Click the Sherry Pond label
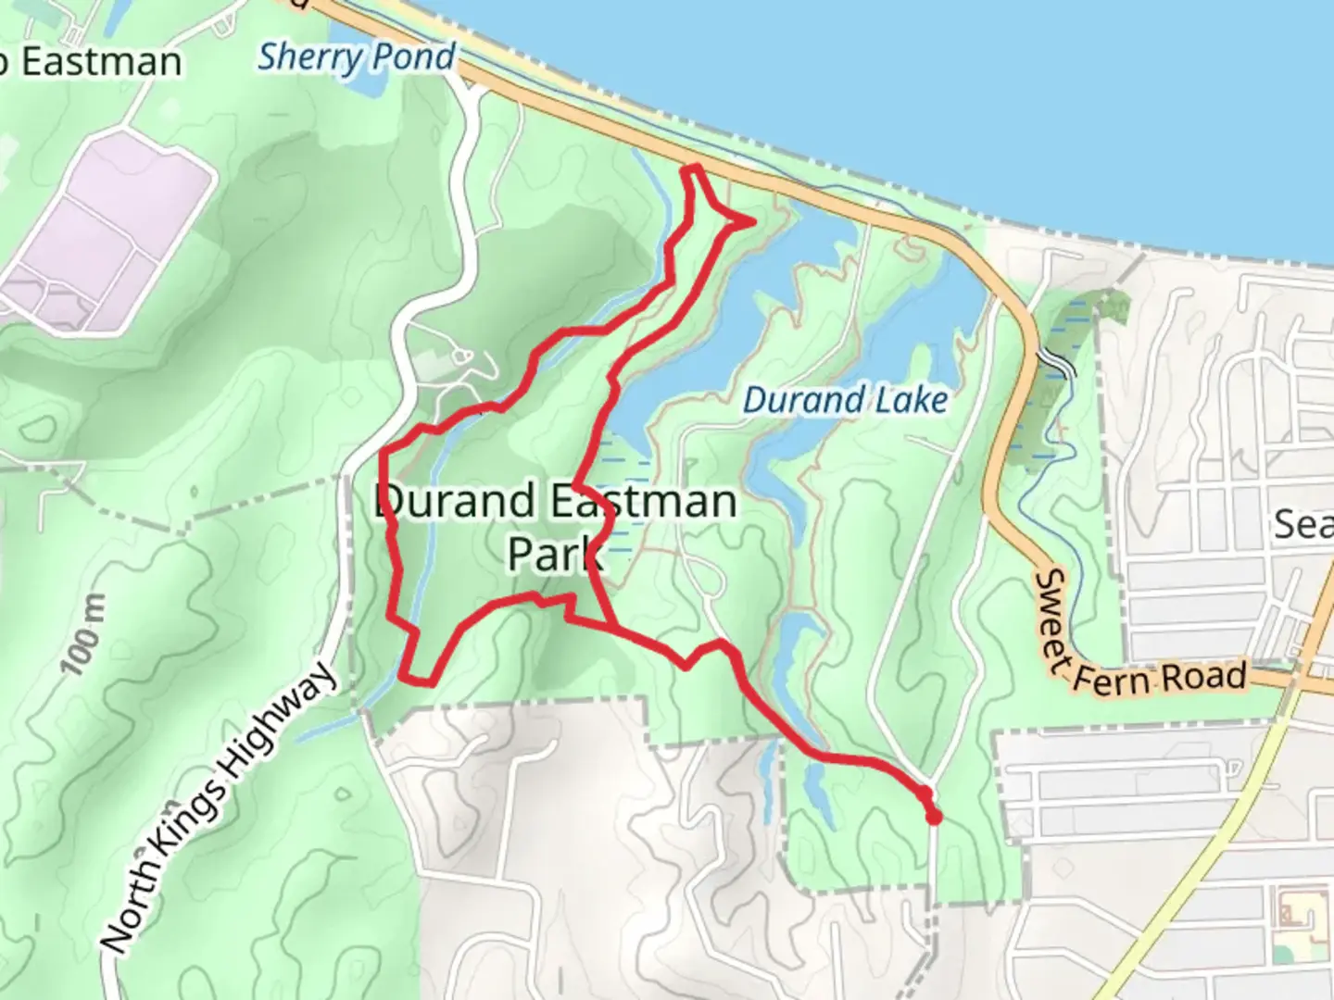[357, 57]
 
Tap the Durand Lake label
[846, 400]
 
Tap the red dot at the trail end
[934, 817]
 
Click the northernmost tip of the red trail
[692, 168]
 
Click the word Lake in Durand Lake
[910, 400]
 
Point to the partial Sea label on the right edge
[1303, 524]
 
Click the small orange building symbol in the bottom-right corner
[1290, 912]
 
